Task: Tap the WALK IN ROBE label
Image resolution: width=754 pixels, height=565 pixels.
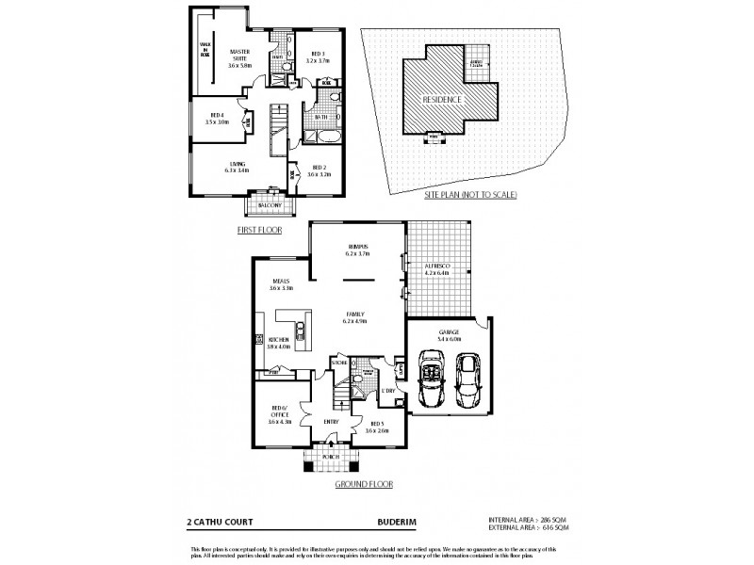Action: click(204, 49)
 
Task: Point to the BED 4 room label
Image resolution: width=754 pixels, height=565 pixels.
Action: click(217, 117)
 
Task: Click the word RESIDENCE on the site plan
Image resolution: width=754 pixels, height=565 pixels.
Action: click(440, 99)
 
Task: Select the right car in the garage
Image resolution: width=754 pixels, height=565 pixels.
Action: click(468, 377)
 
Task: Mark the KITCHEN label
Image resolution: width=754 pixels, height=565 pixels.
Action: click(278, 342)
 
